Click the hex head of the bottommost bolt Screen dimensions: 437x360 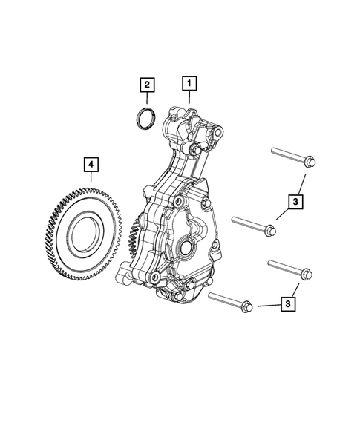247,306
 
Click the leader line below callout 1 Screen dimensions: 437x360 189,98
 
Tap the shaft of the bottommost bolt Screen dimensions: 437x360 226,300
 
